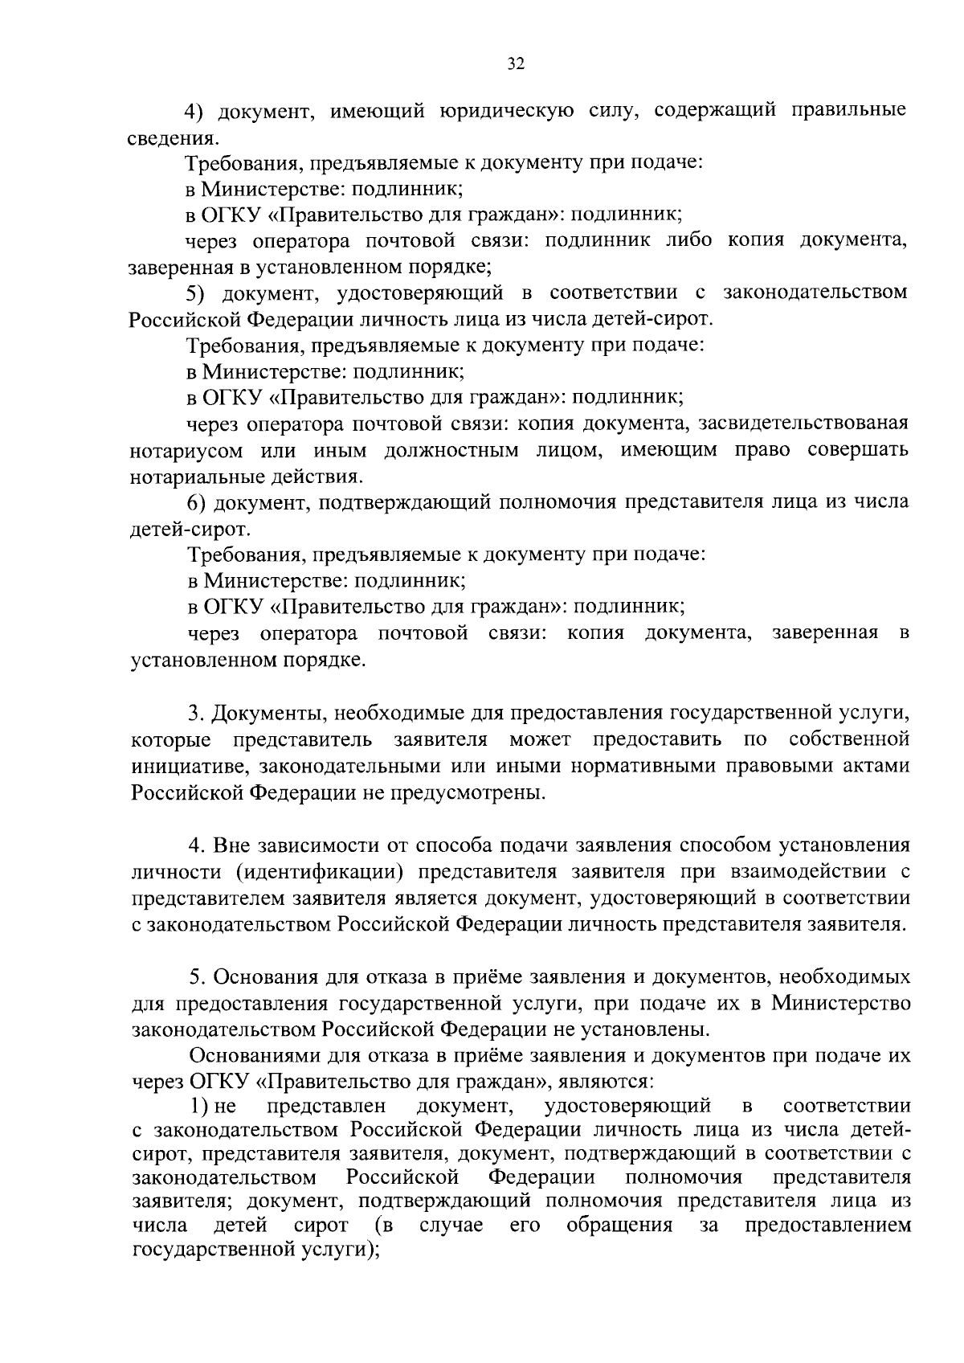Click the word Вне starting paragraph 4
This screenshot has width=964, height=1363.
point(232,845)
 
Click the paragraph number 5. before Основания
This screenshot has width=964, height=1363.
point(196,977)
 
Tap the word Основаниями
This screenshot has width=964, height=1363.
point(254,1056)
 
